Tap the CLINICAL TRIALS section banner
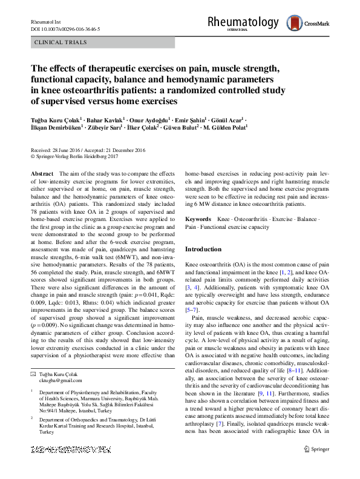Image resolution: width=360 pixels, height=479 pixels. tap(61, 42)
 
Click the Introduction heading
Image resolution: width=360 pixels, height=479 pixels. tap(203, 249)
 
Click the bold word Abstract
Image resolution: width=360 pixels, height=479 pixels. tap(41, 173)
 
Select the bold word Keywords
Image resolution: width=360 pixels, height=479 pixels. tap(198, 218)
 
